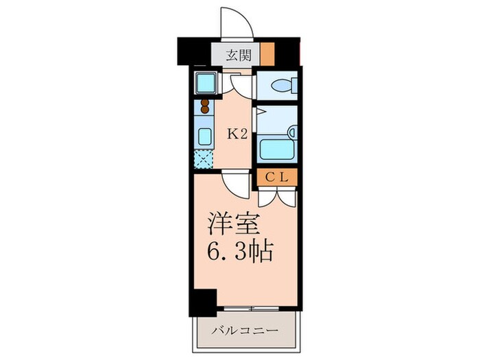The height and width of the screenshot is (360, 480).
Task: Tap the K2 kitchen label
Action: pos(237,134)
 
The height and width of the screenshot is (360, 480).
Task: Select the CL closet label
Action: pos(278,176)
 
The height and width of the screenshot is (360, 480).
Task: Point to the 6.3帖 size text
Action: pos(240,252)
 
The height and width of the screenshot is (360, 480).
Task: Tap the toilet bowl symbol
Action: pos(283,86)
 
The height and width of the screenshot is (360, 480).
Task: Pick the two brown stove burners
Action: pos(204,107)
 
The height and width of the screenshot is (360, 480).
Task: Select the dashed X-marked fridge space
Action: pos(204,159)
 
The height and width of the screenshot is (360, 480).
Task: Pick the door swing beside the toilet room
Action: pos(241,84)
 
